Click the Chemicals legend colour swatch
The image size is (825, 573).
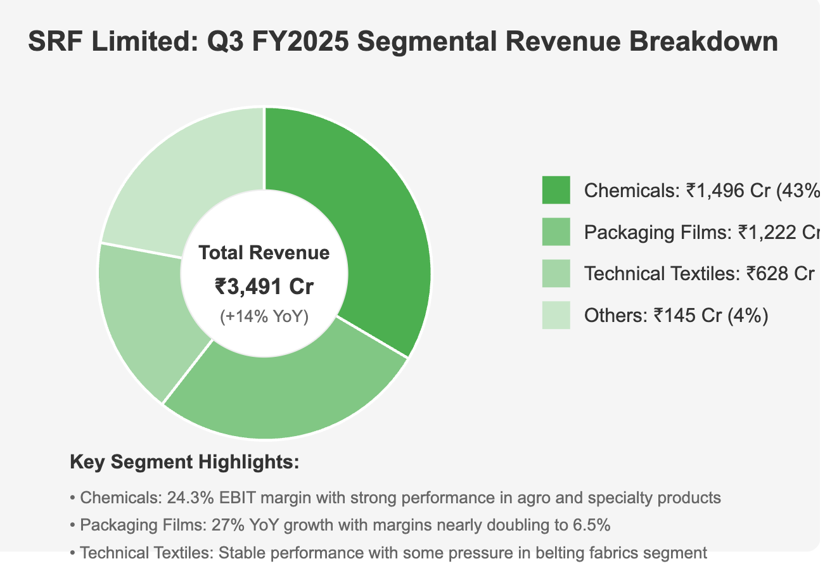click(x=556, y=190)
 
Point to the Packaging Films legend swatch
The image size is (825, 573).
click(x=556, y=232)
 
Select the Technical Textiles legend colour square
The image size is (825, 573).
click(x=556, y=274)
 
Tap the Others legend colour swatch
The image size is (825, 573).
click(x=556, y=315)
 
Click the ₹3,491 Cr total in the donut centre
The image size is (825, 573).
click(x=264, y=286)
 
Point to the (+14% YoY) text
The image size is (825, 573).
click(x=264, y=317)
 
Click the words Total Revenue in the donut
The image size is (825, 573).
click(x=264, y=253)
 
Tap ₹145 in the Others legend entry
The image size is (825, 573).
click(x=674, y=315)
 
